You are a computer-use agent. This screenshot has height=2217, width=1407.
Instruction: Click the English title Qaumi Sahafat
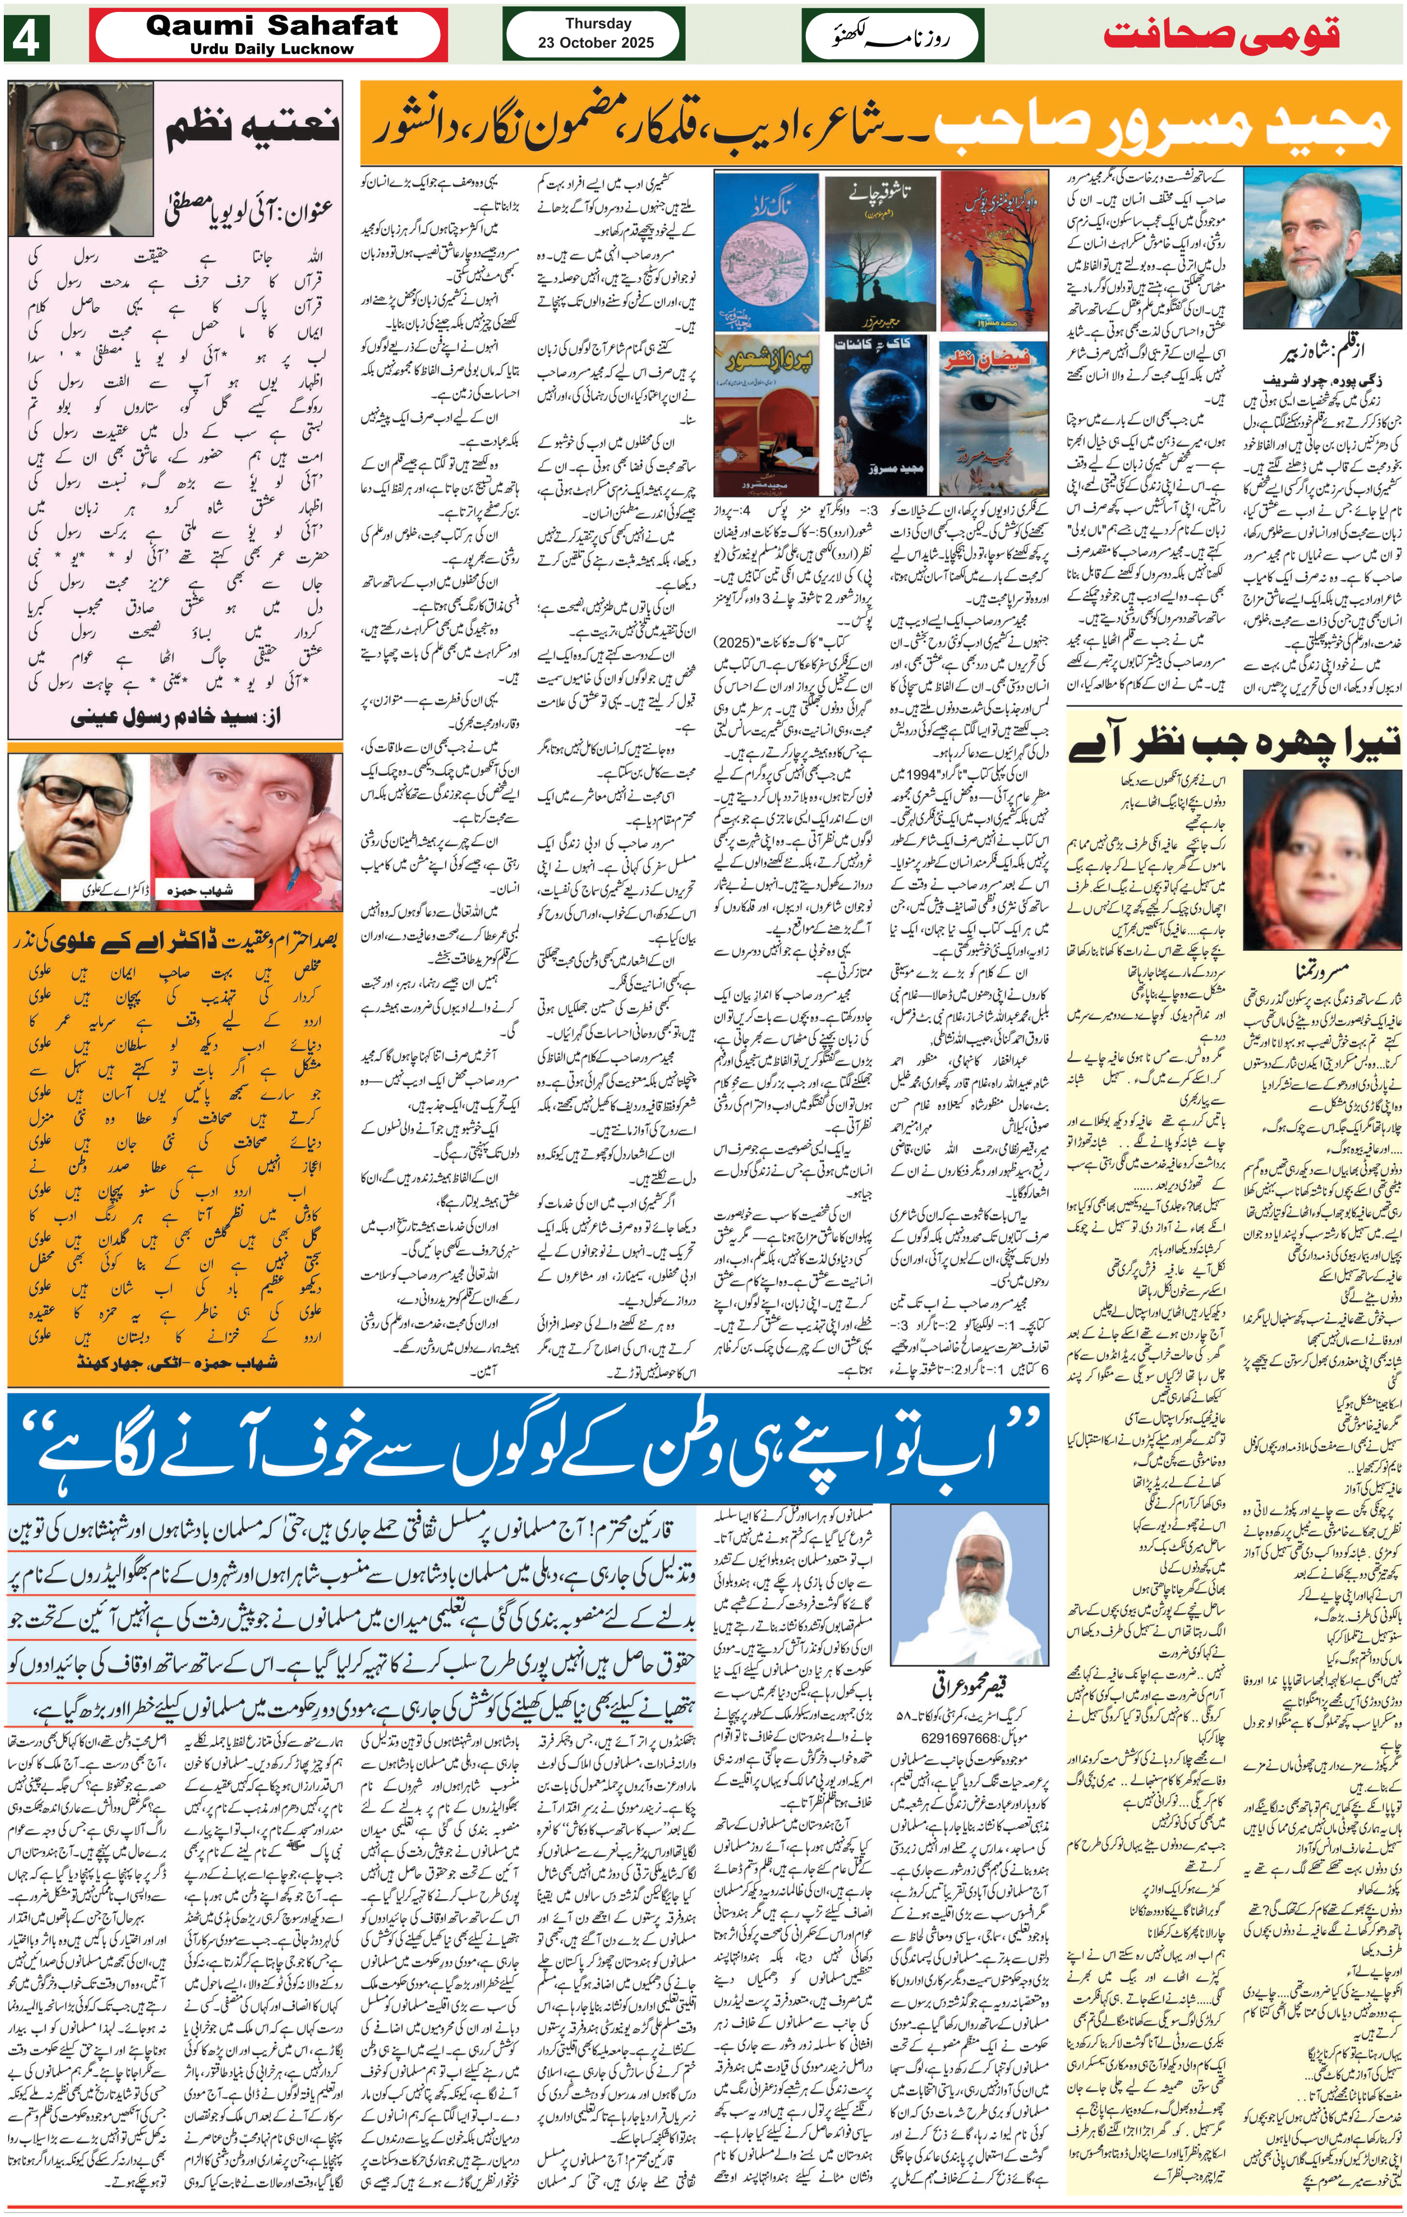(x=272, y=26)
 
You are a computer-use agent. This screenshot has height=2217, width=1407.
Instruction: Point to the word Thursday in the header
(x=597, y=24)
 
